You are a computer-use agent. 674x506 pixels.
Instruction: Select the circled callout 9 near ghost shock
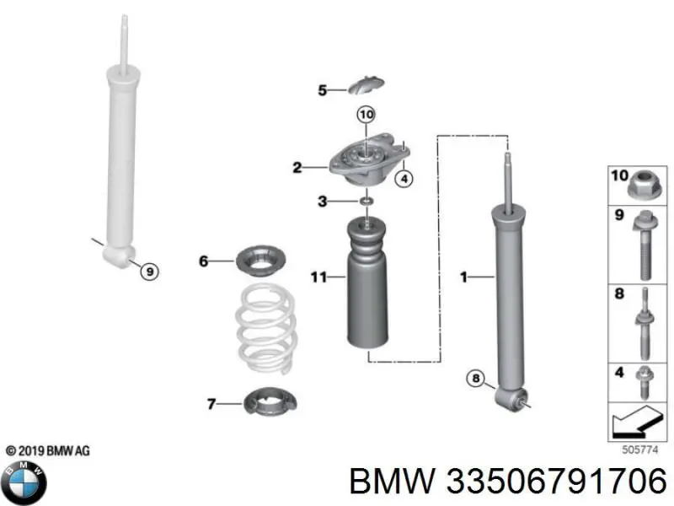tap(149, 271)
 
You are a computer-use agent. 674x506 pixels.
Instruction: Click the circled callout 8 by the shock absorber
tap(476, 380)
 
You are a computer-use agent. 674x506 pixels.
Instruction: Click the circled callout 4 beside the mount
tap(404, 177)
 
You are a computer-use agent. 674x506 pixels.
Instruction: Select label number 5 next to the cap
tap(322, 90)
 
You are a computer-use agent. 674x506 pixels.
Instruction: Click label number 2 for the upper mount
tap(297, 168)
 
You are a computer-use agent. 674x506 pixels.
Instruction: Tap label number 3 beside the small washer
tap(322, 201)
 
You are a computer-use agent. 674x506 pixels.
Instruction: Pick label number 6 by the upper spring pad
tap(203, 261)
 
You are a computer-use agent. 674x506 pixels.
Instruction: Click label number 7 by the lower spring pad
tap(211, 404)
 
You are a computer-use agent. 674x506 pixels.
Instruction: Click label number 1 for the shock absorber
tap(463, 276)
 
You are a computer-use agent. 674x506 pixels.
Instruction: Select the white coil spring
tap(264, 330)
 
